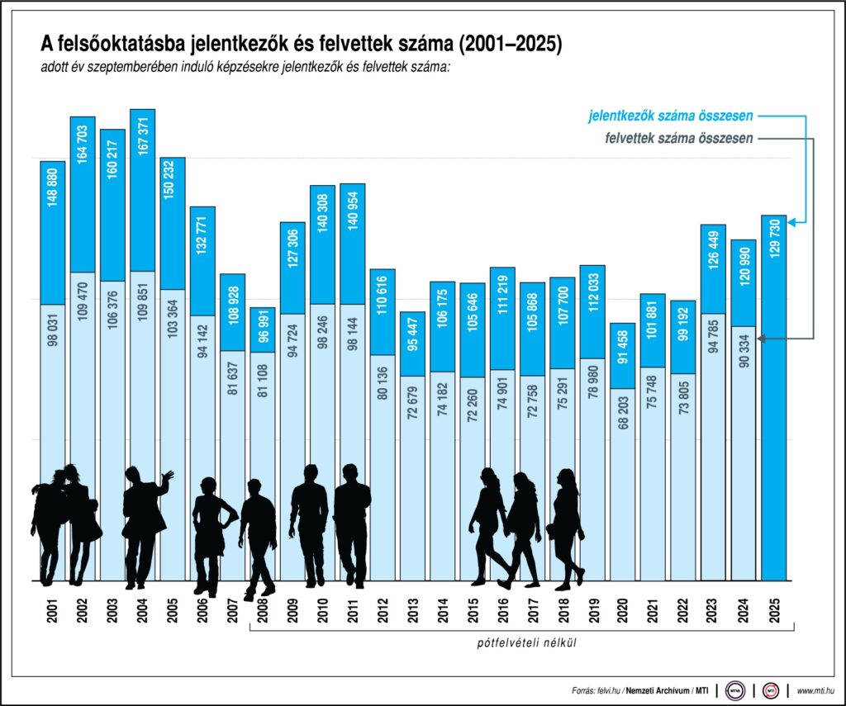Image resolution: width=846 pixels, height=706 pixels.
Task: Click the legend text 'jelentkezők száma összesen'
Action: [671, 116]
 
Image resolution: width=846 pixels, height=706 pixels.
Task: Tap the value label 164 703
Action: [83, 145]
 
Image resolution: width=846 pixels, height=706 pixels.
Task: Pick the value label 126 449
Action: [714, 253]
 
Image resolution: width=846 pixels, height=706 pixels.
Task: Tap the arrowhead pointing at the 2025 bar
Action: [792, 221]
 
